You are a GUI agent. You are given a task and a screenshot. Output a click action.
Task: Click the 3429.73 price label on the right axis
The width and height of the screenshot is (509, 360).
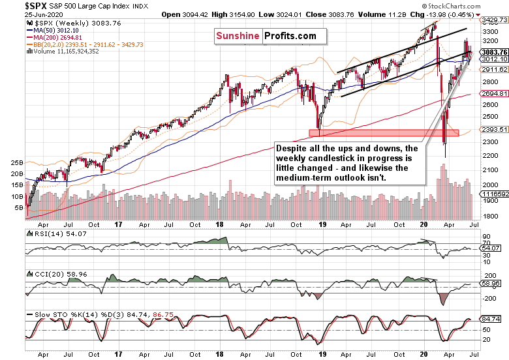coord(494,21)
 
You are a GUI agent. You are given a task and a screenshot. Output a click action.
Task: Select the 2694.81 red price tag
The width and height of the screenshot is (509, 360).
coord(494,94)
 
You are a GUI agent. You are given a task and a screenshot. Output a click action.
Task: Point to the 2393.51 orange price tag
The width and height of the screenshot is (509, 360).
coord(494,129)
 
